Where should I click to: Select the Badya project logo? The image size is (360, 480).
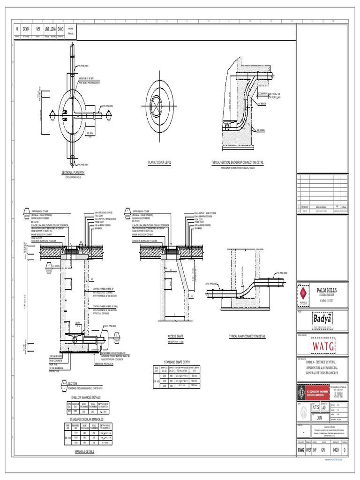point(322,319)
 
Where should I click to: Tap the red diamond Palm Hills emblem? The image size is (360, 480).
point(303,294)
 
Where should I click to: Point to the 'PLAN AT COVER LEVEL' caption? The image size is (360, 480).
point(160,163)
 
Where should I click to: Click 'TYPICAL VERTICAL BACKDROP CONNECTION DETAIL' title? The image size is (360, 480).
point(238,163)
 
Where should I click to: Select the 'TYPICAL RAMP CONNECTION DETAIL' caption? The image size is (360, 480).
point(247,337)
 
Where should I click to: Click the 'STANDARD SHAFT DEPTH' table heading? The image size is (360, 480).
point(176,362)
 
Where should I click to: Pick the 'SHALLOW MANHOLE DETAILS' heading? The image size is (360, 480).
point(86,397)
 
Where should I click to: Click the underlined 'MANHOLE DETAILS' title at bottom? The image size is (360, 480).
point(84,452)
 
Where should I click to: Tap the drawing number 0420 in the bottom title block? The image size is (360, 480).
point(335,450)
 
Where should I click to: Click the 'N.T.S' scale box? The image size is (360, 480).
point(315,407)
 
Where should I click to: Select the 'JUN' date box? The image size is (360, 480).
point(320,417)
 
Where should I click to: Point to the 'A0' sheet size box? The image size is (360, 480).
point(324,407)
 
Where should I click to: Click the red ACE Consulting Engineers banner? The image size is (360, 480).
point(312,392)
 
